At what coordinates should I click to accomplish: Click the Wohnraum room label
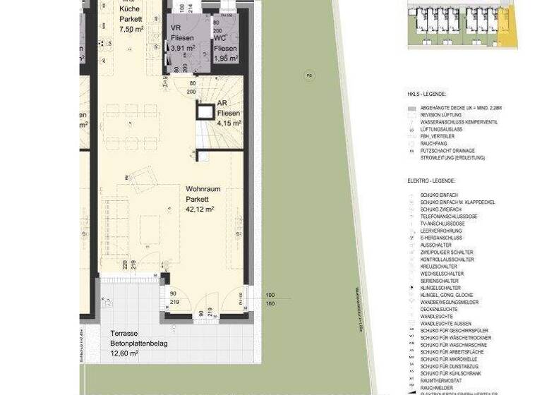tap(203, 189)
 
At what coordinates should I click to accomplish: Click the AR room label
tap(222, 103)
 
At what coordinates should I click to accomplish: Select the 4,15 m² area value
tap(229, 123)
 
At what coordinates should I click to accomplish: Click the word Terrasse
tap(124, 333)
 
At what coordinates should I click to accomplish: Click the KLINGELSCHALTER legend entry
tap(440, 288)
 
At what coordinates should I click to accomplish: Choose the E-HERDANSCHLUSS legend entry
tap(441, 238)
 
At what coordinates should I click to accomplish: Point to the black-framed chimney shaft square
tap(206, 112)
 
